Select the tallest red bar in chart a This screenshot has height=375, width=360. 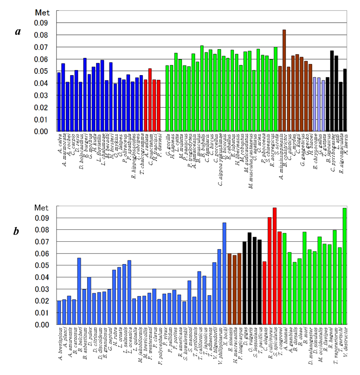pos(150,100)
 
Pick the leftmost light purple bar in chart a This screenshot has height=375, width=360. pos(315,104)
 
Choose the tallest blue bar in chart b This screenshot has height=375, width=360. pos(225,274)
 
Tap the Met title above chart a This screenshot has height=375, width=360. pos(42,12)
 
